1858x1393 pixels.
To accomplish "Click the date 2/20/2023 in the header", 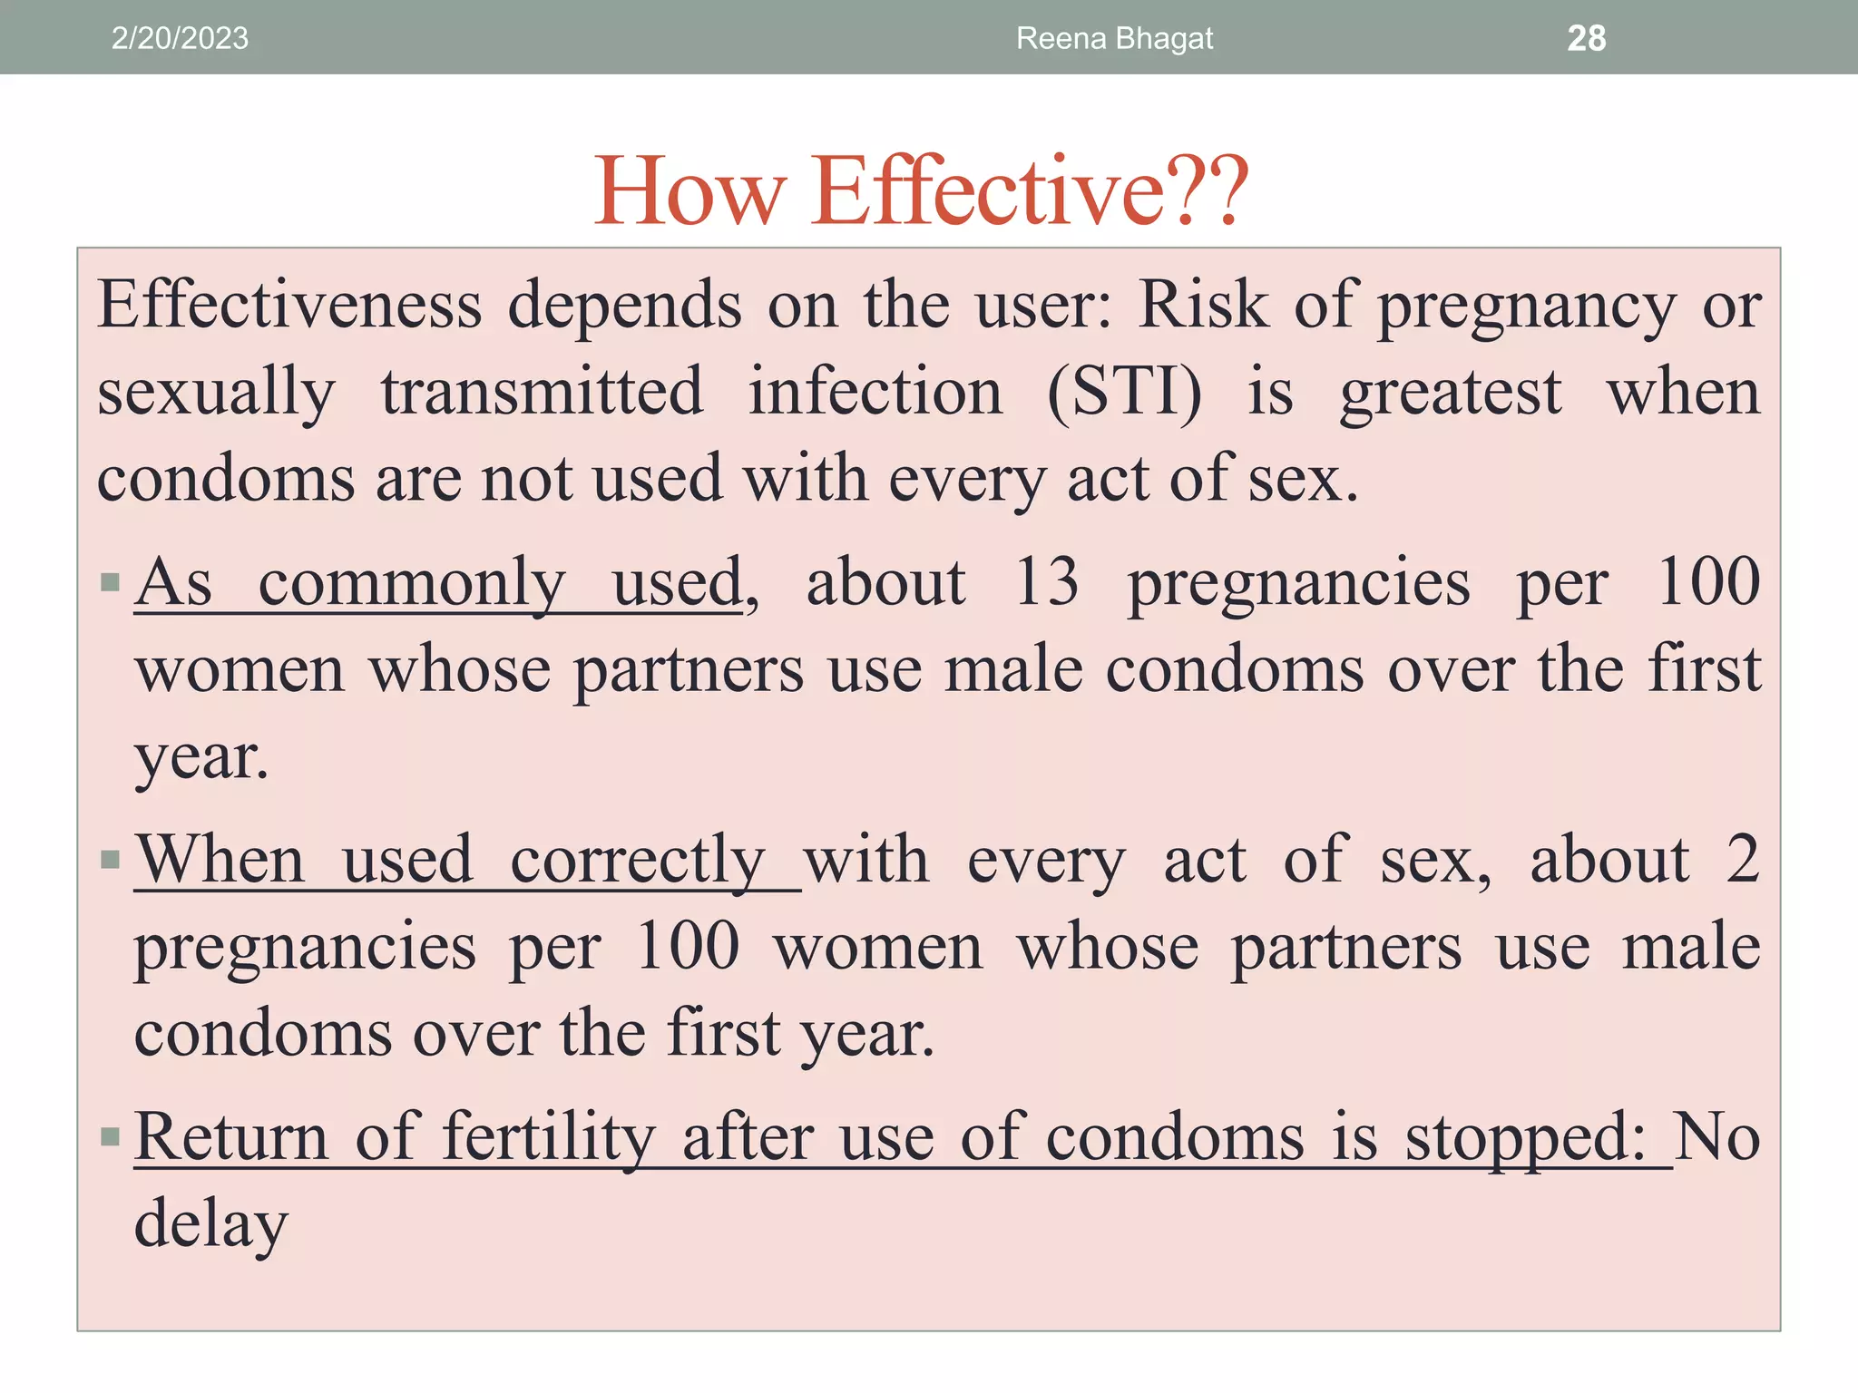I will point(180,38).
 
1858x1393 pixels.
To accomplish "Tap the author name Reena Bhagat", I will point(1114,38).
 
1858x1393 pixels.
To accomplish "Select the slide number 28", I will point(1586,38).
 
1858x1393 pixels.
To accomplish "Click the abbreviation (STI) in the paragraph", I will point(1125,392).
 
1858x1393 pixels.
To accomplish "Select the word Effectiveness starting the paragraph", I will point(289,305).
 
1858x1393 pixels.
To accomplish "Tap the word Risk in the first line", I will point(1203,305).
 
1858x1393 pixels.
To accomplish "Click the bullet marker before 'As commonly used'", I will point(111,581).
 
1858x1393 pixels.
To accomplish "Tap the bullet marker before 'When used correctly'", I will point(111,859).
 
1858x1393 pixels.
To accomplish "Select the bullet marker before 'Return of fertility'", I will point(111,1136).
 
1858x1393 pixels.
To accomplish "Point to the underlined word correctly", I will point(638,861).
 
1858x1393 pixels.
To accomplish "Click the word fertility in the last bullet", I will point(549,1137).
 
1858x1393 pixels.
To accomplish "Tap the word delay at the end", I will point(211,1224).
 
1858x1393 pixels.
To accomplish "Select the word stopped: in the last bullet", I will point(1525,1138).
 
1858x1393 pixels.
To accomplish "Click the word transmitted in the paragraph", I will point(542,392).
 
